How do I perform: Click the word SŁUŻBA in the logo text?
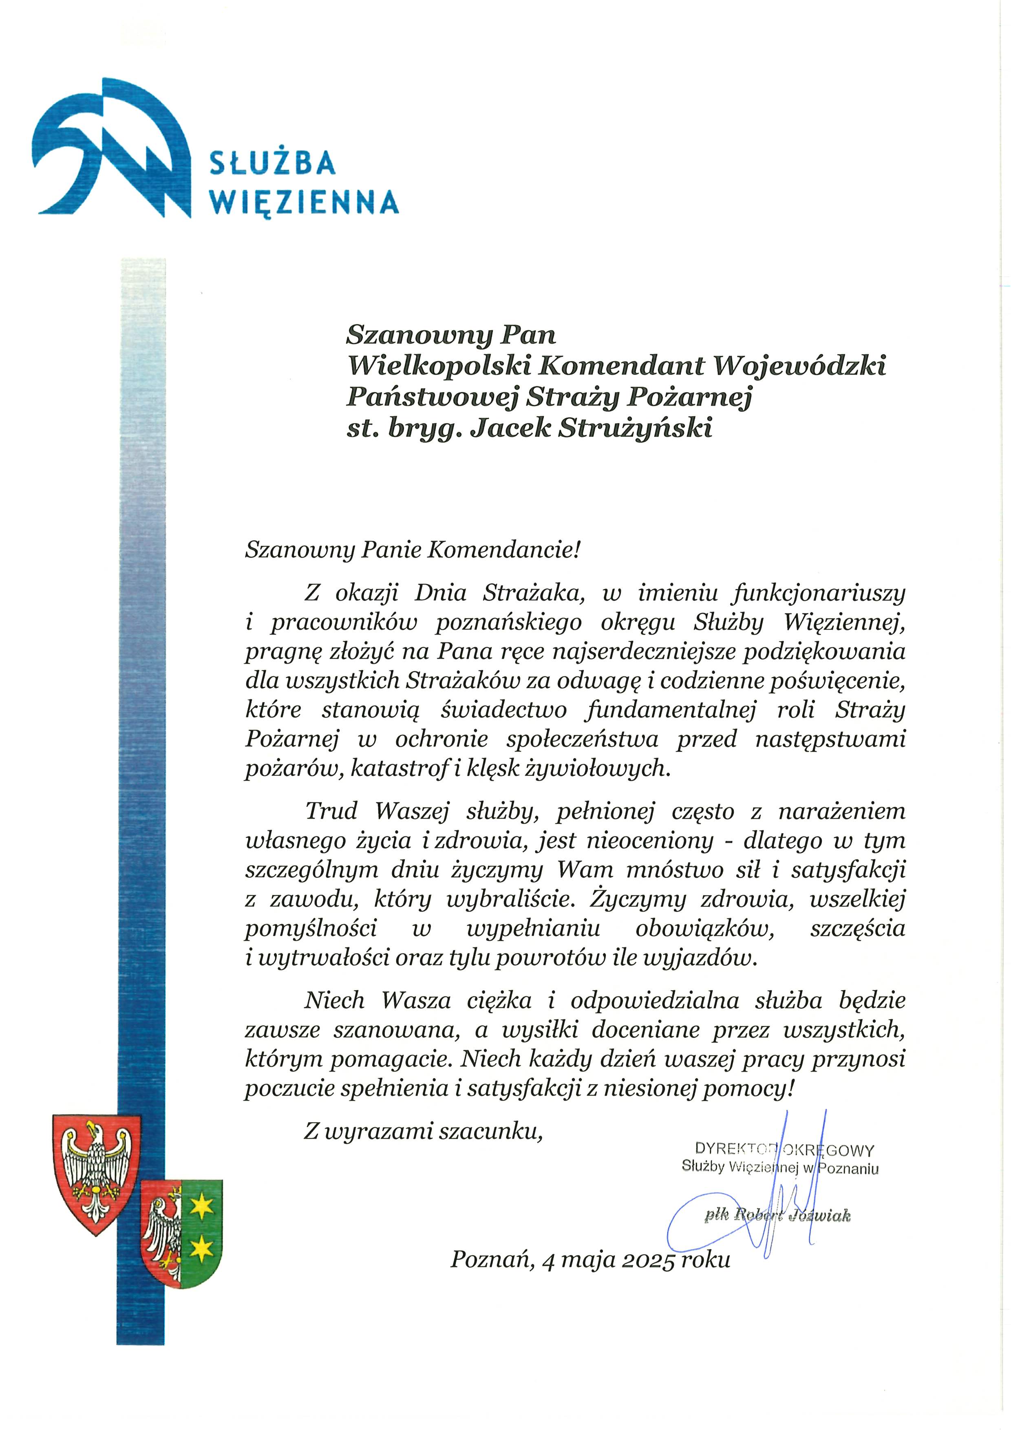point(272,164)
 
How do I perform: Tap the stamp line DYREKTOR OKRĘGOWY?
point(784,1150)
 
